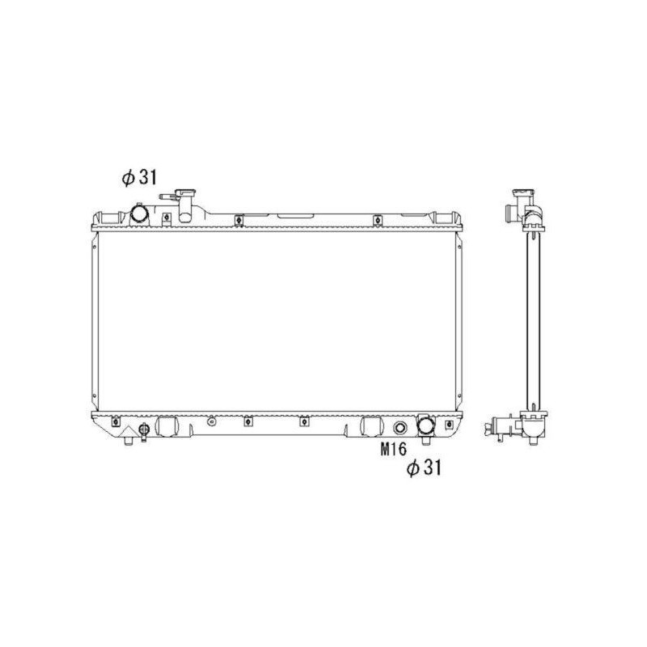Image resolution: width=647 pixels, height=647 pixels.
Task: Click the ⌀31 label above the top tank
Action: [x=139, y=178]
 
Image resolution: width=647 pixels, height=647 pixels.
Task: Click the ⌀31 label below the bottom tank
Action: [x=424, y=468]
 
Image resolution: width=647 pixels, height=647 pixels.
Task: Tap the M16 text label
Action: [x=393, y=450]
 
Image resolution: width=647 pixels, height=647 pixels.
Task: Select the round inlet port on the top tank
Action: [x=139, y=214]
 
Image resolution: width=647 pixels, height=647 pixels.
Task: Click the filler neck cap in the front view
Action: [x=185, y=193]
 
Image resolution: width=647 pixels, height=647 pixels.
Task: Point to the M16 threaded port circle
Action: [x=400, y=428]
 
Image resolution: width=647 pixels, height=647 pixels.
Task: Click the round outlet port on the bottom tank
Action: [x=426, y=426]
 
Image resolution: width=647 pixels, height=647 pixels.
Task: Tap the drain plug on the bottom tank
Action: [x=144, y=430]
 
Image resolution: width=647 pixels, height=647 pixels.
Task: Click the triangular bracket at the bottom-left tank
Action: [x=126, y=431]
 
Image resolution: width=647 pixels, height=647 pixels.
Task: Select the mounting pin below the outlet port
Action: [x=426, y=440]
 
